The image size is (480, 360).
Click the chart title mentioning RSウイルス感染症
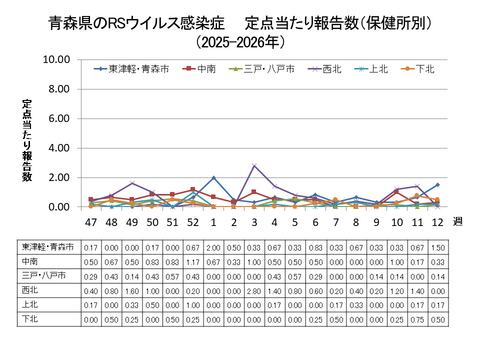tap(240, 20)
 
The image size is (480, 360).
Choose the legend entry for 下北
tap(424, 69)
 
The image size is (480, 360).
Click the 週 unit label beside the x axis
tap(458, 220)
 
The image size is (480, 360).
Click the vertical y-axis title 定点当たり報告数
tap(28, 140)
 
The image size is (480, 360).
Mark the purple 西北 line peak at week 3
tap(255, 166)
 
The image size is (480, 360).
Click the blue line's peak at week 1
tap(214, 178)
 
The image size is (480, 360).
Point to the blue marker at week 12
tap(437, 185)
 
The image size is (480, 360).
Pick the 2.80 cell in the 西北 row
tap(255, 291)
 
